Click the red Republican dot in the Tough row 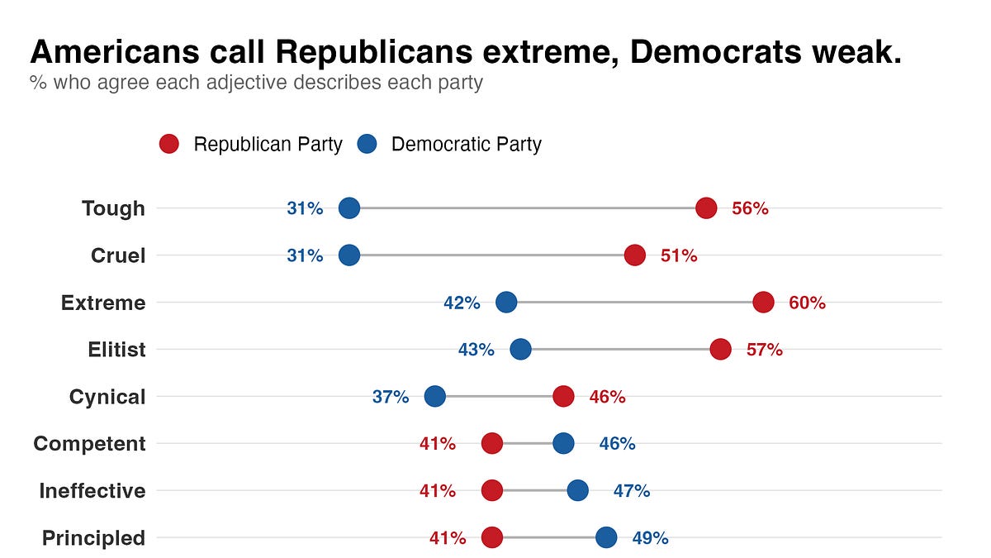pos(705,208)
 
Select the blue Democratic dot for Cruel pos(349,255)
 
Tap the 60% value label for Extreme pos(807,303)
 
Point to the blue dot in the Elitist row pos(520,350)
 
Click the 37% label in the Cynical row pos(391,397)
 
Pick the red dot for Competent pos(491,444)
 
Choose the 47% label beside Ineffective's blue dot pos(632,491)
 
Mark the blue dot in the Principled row pos(606,538)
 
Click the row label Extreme pos(103,303)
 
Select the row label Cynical pos(107,397)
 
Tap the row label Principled pos(93,538)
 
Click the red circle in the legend pos(168,145)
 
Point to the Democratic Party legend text pos(466,145)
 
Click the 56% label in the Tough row pos(750,208)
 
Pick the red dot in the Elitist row pos(720,350)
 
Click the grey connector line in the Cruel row pos(491,255)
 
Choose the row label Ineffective pos(92,491)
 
